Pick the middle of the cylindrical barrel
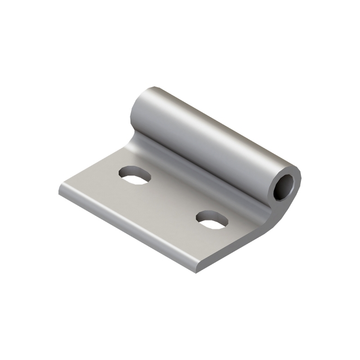coord(214,141)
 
